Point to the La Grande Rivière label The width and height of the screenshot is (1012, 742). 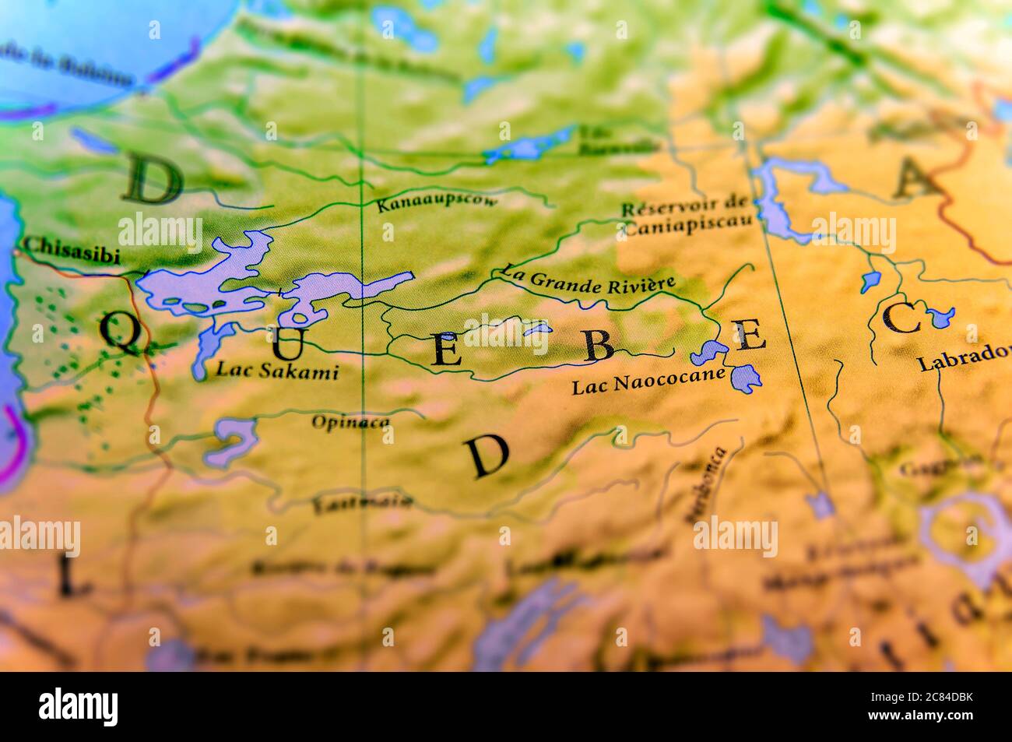coord(588,280)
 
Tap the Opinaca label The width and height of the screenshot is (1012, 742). coord(350,422)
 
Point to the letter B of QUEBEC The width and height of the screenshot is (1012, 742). coord(599,346)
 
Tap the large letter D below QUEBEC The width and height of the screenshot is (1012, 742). coord(488,457)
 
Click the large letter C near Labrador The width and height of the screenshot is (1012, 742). coord(903,318)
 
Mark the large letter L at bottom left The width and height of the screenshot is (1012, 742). coord(70,577)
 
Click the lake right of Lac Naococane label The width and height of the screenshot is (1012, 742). coord(746,377)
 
